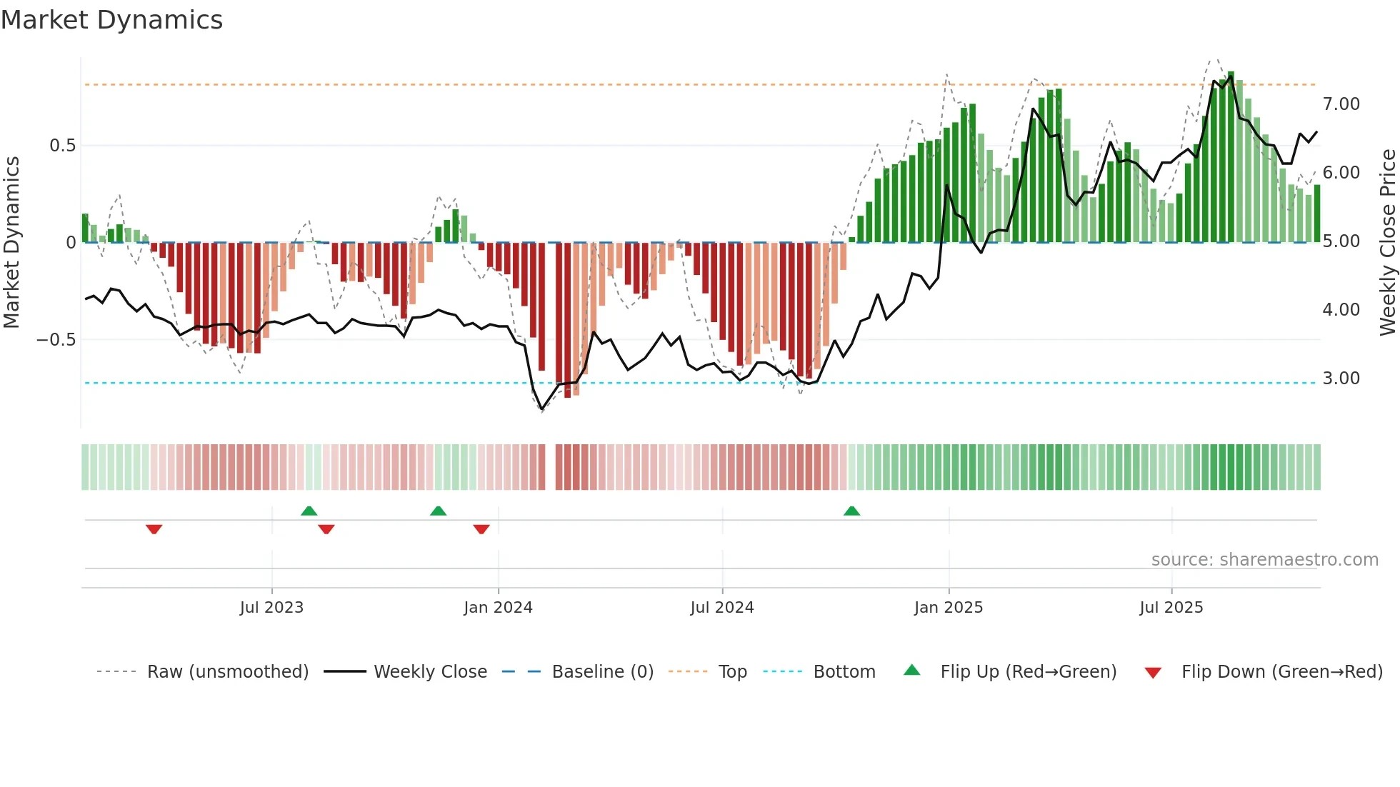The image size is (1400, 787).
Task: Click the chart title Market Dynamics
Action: tap(111, 20)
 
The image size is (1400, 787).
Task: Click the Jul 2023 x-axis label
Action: tap(271, 608)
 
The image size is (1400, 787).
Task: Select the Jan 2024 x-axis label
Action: tap(498, 608)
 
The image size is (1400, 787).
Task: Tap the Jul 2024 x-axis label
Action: tap(722, 608)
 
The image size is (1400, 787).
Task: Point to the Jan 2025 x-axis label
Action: tap(949, 608)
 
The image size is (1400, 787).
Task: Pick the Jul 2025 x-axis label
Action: tap(1171, 608)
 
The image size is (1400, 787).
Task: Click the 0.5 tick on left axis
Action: tap(62, 146)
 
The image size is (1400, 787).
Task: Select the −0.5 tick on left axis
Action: tap(56, 340)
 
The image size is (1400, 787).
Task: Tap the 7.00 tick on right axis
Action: tap(1341, 104)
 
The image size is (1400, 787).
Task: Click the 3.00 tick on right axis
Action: tap(1341, 379)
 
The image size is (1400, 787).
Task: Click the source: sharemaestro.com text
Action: tap(1264, 560)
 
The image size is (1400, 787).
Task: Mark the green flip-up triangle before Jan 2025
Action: tap(851, 511)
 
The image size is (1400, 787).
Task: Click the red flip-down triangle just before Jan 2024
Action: tap(481, 529)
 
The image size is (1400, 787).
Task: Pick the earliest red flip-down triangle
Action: tap(154, 529)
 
